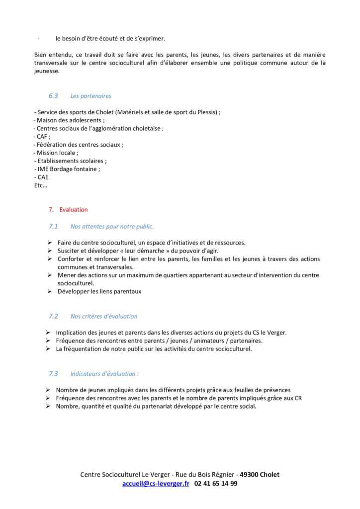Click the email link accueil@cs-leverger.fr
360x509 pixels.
coord(156,484)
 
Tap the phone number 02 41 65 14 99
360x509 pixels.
coord(216,484)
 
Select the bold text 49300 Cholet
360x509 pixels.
coord(260,475)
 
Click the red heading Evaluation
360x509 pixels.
coord(74,210)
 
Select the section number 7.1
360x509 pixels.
coord(53,227)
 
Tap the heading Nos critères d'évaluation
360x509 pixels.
coord(104,316)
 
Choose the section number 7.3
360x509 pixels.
coord(53,373)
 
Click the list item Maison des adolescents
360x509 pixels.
coord(70,120)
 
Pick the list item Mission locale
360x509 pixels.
coord(56,153)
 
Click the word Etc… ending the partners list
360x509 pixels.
coord(41,185)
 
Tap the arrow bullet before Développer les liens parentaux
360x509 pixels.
coord(50,291)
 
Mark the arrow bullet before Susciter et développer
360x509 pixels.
coord(50,251)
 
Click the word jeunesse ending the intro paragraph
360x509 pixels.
coord(47,71)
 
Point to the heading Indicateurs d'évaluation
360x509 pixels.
coord(104,373)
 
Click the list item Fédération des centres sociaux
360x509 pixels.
coord(80,145)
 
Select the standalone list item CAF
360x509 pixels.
coord(43,136)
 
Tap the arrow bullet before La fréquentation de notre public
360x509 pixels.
coord(47,349)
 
